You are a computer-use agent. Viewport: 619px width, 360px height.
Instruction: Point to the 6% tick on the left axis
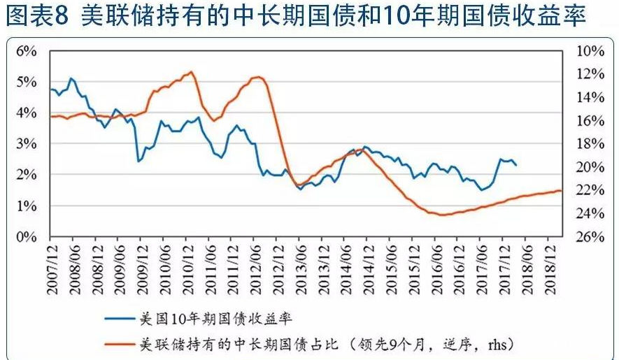26,51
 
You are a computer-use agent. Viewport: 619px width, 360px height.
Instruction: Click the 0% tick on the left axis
26,237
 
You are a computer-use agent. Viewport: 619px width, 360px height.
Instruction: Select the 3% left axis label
26,144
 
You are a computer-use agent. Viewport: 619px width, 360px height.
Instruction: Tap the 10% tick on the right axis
590,51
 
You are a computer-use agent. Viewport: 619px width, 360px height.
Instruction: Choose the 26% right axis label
590,237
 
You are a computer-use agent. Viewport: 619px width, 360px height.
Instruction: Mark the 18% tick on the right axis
590,144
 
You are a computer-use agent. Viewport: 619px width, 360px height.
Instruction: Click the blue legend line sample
120,318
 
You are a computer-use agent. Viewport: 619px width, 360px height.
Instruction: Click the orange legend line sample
120,344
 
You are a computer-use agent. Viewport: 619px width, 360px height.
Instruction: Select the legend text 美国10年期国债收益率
211,318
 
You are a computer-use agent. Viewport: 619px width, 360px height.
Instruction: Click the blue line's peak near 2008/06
71,78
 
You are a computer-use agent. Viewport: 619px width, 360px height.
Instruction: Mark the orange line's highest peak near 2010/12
191,72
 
